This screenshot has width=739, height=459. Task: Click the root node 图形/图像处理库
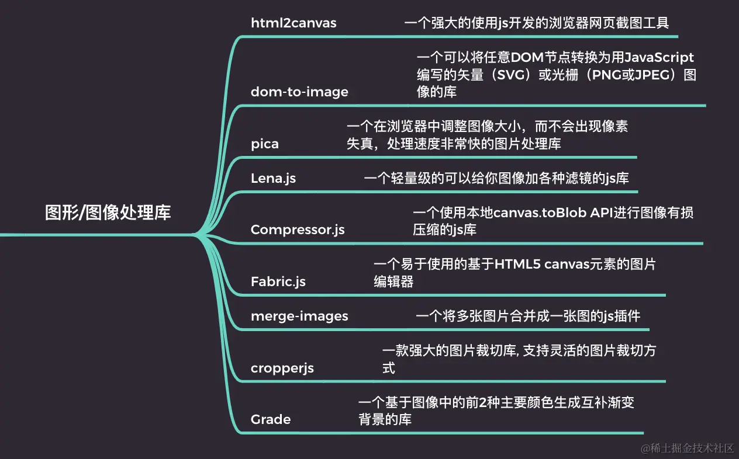[108, 213]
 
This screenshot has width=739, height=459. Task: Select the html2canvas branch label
[293, 23]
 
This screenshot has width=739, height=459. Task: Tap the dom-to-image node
[299, 92]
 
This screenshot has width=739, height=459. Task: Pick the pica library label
[265, 144]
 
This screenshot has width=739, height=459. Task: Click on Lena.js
[273, 178]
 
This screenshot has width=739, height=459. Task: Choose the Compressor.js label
[298, 229]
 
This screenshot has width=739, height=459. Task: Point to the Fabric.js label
[278, 281]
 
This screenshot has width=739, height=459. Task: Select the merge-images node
[299, 317]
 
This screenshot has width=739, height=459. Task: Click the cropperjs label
[282, 368]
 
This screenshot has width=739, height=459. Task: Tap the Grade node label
[271, 419]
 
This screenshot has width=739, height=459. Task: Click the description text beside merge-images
[528, 317]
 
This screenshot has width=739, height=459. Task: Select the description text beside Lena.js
[496, 178]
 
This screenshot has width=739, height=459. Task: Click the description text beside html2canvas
[536, 23]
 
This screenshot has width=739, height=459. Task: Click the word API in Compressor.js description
[600, 213]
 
